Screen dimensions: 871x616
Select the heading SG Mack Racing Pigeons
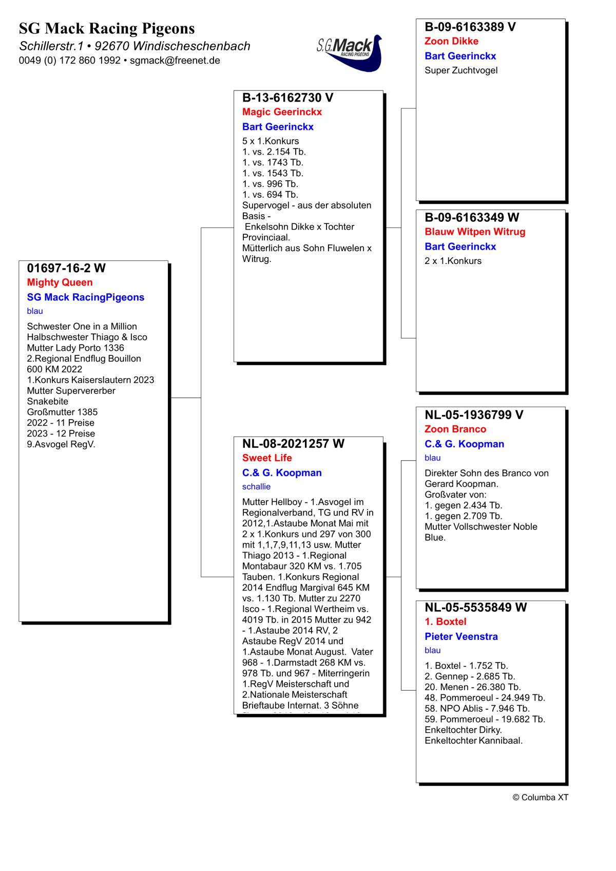(107, 28)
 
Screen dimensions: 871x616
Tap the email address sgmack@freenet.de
(175, 61)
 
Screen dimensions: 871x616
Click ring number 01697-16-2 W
(66, 268)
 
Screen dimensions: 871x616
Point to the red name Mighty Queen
(60, 282)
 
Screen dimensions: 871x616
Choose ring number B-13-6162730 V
(287, 98)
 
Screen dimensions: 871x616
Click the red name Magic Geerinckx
(282, 112)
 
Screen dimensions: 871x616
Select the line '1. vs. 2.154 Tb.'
(274, 152)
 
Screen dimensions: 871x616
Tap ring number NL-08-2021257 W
(293, 444)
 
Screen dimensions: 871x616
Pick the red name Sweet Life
(267, 458)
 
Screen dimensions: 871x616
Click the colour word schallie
(256, 486)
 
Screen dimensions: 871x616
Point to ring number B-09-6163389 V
(470, 27)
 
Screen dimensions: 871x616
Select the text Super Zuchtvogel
(461, 70)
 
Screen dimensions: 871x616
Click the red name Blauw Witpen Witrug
(475, 232)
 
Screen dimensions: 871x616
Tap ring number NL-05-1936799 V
(474, 415)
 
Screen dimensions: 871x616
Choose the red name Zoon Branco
(455, 429)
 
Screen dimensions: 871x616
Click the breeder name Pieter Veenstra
(461, 637)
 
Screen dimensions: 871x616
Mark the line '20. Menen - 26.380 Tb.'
(472, 687)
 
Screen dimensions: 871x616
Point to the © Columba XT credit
(540, 798)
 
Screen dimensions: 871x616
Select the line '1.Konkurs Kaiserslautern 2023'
(90, 380)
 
